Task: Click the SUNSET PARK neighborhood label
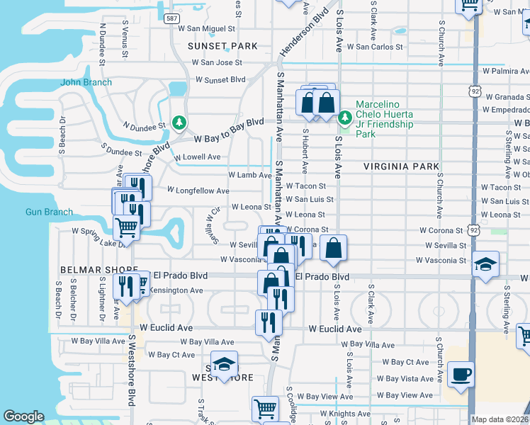coord(222,46)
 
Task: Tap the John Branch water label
coord(86,82)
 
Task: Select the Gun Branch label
coord(49,212)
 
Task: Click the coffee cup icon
coord(461,375)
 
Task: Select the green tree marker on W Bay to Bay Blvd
coord(180,123)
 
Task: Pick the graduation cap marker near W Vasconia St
coord(485,265)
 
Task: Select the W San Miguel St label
coord(207,29)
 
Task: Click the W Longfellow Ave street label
coord(198,191)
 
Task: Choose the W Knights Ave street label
coord(345,414)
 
